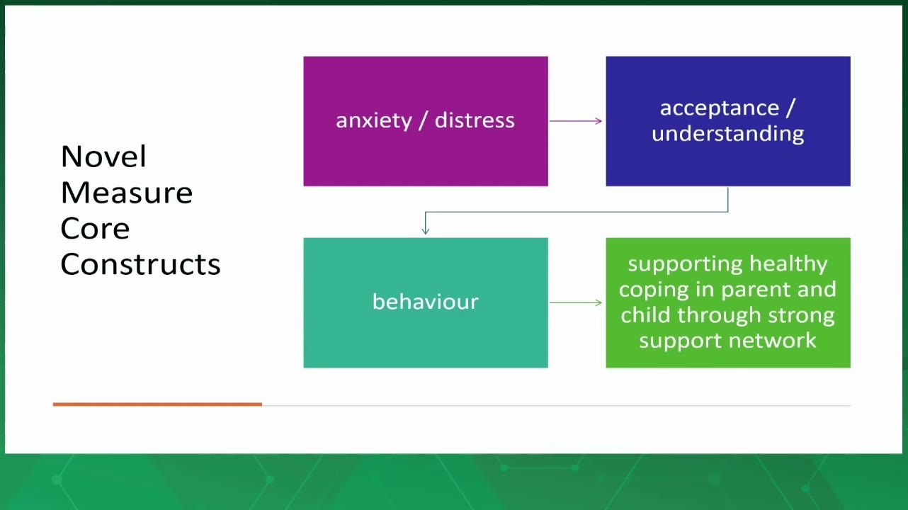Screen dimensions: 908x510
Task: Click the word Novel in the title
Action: click(103, 157)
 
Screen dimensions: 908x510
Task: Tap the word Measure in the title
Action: click(127, 193)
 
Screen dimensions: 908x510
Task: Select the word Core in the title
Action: click(95, 228)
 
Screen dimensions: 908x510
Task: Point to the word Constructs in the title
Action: click(141, 264)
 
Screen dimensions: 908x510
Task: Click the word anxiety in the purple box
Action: click(374, 121)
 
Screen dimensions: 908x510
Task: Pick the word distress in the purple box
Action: click(475, 120)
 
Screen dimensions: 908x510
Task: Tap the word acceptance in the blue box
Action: click(720, 108)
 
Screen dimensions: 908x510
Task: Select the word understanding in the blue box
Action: click(728, 134)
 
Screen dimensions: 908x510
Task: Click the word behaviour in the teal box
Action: click(426, 302)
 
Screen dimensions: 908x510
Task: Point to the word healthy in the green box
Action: click(788, 264)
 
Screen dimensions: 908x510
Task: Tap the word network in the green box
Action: click(773, 340)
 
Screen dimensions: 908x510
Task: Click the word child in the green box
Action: click(645, 314)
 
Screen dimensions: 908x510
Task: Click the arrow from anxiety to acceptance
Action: click(576, 121)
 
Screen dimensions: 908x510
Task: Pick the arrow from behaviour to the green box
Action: click(576, 302)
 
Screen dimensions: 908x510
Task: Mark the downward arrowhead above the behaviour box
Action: click(425, 231)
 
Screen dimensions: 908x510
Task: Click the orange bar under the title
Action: click(157, 404)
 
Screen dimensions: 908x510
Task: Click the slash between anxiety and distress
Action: click(424, 120)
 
